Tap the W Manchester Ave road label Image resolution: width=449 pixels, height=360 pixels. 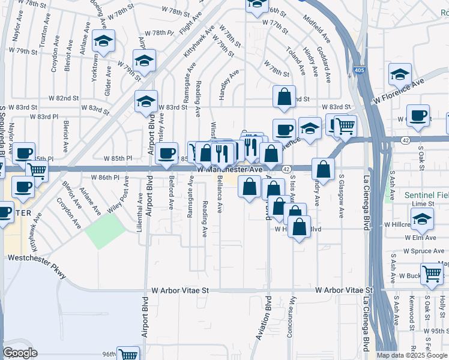pyautogui.click(x=231, y=170)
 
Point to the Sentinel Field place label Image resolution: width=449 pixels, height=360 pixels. pyautogui.click(x=426, y=195)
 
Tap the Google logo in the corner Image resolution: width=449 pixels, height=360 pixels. pyautogui.click(x=20, y=353)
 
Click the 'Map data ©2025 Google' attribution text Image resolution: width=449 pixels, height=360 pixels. pyautogui.click(x=412, y=355)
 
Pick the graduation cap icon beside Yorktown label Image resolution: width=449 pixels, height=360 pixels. pyautogui.click(x=104, y=43)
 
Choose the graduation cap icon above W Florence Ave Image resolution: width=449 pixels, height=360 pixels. pyautogui.click(x=399, y=74)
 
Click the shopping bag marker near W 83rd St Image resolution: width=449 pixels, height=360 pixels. pyautogui.click(x=285, y=97)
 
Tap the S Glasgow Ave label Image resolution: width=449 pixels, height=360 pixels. pyautogui.click(x=342, y=192)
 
